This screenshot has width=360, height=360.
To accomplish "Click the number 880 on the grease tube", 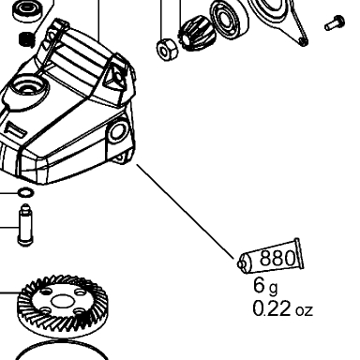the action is [277, 258].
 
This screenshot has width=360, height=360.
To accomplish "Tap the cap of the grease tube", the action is [243, 264].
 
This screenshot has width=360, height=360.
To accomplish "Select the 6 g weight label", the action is [265, 286].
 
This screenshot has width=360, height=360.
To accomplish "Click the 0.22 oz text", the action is [282, 308].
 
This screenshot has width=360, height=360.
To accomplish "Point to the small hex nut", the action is [167, 50].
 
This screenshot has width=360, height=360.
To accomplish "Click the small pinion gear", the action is [198, 35].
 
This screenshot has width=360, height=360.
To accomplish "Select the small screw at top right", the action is [335, 22].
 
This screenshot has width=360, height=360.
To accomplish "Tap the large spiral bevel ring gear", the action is [62, 306].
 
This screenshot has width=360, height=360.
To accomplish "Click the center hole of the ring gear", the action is [62, 302].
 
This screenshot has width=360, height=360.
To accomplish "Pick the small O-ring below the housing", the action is [25, 192].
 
